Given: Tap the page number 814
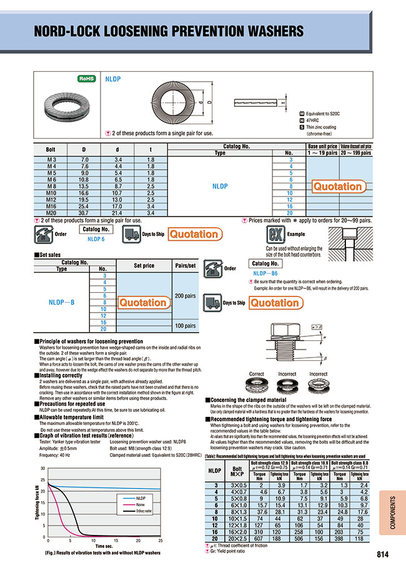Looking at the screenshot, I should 385,554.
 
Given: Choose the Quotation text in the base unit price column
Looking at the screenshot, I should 337,187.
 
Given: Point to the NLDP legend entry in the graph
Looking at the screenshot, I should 141,497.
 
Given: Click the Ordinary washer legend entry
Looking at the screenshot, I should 144,510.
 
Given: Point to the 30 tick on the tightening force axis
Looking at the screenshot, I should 42,468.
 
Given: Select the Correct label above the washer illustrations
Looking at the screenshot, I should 257,374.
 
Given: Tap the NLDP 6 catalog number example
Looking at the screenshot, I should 96,239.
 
